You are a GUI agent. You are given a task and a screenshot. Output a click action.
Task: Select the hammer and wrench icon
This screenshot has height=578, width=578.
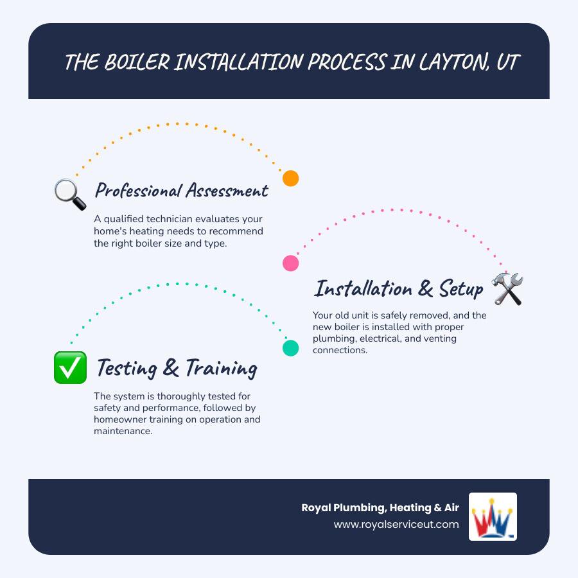[507, 288]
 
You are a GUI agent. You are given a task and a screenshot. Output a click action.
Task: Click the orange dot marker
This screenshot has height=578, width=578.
[291, 179]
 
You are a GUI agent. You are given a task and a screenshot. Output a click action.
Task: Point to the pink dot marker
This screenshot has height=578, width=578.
[291, 263]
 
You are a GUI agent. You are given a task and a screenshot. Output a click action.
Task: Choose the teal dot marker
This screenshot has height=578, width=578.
[291, 348]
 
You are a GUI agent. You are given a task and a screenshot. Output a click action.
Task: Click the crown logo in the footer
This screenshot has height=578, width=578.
[493, 517]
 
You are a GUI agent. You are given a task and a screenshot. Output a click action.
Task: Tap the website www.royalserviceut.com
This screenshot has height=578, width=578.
[396, 525]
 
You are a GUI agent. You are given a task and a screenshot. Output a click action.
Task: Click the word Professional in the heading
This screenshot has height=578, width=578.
[137, 191]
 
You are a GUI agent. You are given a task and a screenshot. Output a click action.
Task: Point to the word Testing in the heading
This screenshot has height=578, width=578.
[127, 369]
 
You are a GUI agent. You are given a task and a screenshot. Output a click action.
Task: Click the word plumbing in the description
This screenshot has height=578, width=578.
[335, 338]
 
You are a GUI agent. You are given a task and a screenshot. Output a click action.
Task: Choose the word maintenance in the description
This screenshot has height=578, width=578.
[123, 431]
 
